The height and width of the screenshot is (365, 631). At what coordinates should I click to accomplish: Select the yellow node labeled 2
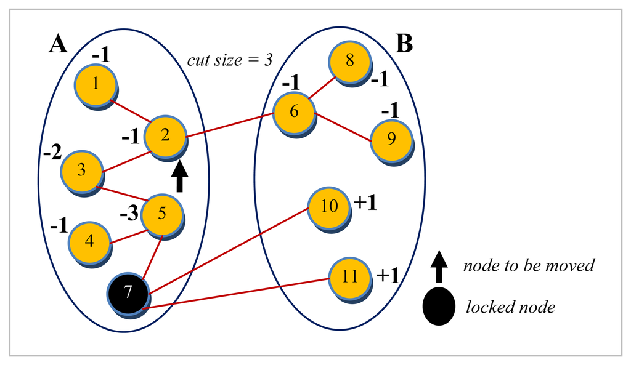click(x=165, y=136)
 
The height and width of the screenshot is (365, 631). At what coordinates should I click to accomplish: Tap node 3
click(x=81, y=170)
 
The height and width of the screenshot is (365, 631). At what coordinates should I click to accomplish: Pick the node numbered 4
click(x=89, y=241)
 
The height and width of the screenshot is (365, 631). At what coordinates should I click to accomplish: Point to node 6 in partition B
click(x=293, y=113)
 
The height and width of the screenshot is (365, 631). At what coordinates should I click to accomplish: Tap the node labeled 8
click(x=349, y=62)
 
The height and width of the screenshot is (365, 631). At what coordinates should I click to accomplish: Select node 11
click(x=349, y=276)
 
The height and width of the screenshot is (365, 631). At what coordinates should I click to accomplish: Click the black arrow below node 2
click(x=179, y=178)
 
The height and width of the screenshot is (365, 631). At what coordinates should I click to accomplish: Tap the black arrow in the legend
click(x=439, y=267)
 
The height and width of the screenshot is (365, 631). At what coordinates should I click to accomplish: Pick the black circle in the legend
click(x=439, y=306)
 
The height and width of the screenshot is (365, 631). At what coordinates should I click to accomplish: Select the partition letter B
click(x=404, y=44)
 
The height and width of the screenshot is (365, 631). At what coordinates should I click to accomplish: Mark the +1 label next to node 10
click(x=365, y=203)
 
